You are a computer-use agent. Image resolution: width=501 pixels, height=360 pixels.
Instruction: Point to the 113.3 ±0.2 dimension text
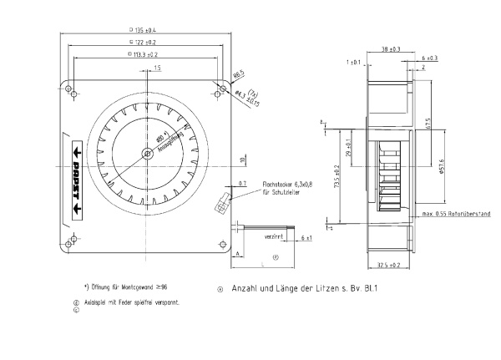click(144, 53)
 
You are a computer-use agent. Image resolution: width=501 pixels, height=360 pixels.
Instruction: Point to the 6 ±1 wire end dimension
click(306, 240)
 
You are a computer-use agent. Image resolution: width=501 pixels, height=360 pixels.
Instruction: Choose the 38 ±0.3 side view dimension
click(390, 49)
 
